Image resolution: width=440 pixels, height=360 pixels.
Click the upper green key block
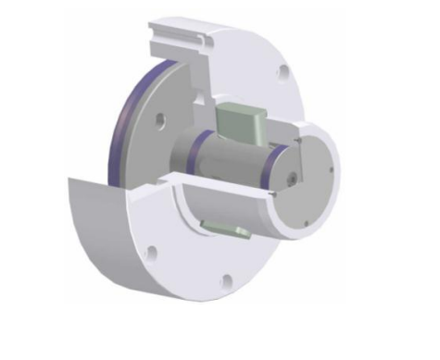(240, 119)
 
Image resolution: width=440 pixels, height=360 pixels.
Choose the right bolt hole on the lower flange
(225, 280)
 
